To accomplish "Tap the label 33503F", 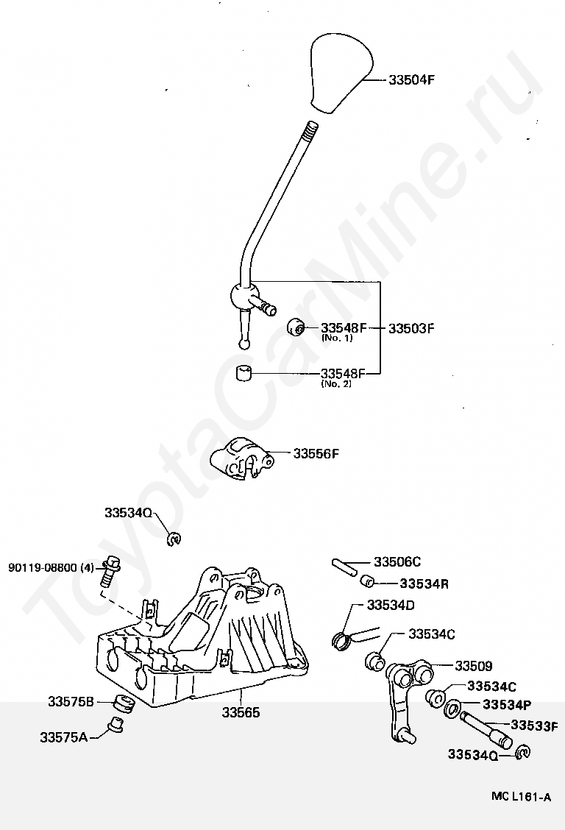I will pos(412,328).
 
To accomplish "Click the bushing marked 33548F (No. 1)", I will pos(296,327).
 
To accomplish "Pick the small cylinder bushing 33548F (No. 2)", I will pos(244,372).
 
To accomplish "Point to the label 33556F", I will pos(316,454).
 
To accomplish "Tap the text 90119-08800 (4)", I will pos(51,567).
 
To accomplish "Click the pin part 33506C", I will pos(344,567).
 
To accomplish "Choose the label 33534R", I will pos(424,584).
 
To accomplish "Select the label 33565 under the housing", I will pos(241,712).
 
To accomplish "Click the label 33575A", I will pos(63,736).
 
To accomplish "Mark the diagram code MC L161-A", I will pos(521,797).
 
